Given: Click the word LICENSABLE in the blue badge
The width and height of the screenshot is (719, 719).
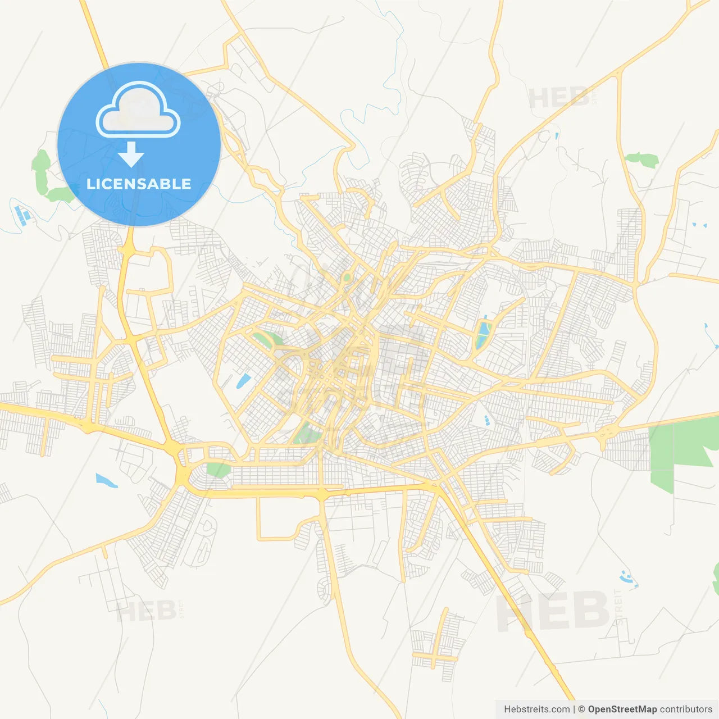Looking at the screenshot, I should point(139,184).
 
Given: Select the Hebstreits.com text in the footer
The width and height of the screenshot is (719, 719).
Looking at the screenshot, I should point(536,709).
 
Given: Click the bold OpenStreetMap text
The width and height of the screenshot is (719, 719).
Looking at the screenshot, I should point(622,709).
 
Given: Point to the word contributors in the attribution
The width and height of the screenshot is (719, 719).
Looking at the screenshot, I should point(686,709).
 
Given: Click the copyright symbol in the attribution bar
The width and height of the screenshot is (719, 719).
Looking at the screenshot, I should point(581,709).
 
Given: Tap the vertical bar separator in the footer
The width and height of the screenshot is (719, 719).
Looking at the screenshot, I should point(574,709).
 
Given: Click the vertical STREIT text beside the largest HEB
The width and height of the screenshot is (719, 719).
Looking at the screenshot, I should point(618,607).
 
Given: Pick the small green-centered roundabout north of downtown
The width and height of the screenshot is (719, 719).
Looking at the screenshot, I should point(347,277).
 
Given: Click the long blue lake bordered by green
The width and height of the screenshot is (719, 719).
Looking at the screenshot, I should point(483,334).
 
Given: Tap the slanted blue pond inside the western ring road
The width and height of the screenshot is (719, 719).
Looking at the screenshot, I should point(243,381).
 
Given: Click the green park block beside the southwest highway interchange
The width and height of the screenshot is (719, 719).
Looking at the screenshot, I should point(217,470).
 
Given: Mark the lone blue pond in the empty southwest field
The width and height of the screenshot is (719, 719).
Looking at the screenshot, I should point(106,481).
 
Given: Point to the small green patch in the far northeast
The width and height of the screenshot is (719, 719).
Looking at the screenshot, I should point(642,160).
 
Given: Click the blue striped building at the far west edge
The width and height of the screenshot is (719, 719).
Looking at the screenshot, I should point(24,214).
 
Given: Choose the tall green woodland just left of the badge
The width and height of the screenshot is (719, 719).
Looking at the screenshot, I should point(41,171).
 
